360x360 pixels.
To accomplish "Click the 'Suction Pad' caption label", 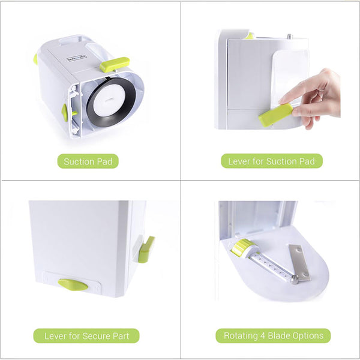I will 88,161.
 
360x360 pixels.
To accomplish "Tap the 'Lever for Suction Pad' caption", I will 272,161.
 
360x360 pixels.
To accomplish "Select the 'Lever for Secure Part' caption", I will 86,335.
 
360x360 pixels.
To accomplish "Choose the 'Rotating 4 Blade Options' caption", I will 273,335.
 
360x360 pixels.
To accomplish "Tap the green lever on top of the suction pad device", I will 114,64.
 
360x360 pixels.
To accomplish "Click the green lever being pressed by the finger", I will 276,115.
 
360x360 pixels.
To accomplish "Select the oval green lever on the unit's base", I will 73,284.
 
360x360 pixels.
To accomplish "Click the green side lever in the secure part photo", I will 146,249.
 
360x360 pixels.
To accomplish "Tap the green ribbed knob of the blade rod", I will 242,247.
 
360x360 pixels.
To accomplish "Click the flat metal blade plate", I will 299,262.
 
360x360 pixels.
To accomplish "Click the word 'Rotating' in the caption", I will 242,335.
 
